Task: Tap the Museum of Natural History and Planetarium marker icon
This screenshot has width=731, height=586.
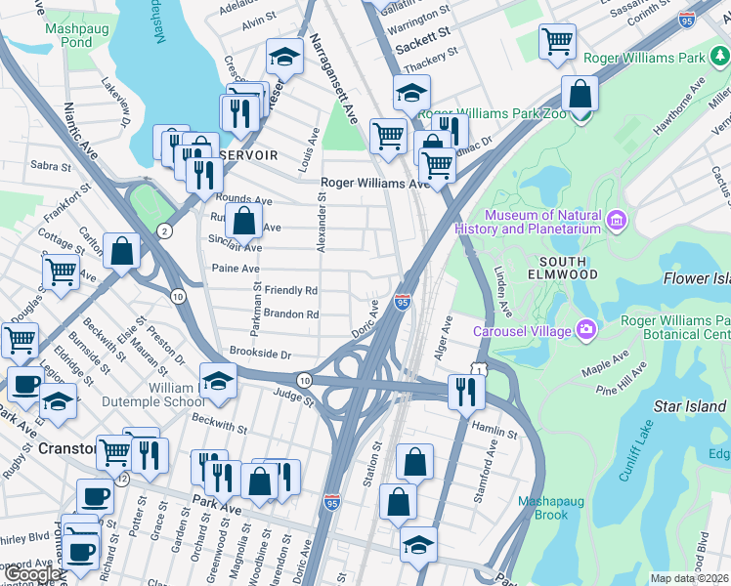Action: click(616, 221)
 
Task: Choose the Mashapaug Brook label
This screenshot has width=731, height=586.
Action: click(550, 508)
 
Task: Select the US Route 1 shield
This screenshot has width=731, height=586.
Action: click(478, 367)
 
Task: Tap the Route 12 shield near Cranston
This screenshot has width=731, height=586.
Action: click(121, 481)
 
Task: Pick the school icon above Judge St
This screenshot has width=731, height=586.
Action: click(218, 380)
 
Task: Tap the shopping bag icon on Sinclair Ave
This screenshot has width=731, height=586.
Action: click(243, 221)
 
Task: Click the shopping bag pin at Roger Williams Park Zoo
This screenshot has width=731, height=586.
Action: click(580, 95)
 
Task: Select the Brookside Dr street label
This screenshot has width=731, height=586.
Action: click(260, 351)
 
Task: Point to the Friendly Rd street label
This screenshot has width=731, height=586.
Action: click(291, 291)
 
